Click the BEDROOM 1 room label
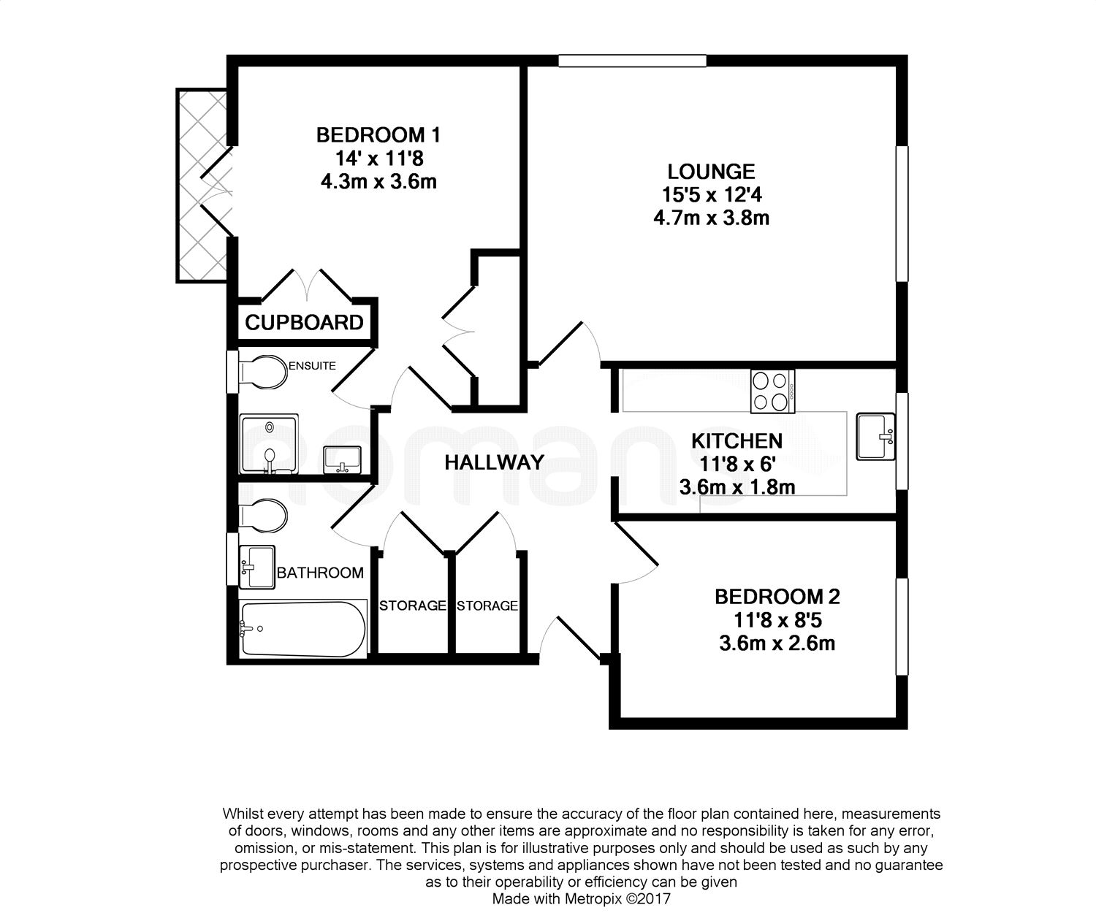(378, 135)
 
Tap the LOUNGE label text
(711, 172)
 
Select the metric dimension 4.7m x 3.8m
(711, 217)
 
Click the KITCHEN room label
(737, 440)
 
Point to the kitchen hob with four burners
(772, 391)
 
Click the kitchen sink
(875, 437)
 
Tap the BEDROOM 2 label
(777, 597)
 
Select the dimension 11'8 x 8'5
(777, 620)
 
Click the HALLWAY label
(494, 462)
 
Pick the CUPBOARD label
(304, 322)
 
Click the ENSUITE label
(312, 366)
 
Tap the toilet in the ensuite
(262, 372)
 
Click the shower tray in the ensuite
(269, 444)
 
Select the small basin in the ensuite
(342, 459)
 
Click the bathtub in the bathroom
(303, 629)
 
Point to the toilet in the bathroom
(262, 516)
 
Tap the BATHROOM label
(320, 573)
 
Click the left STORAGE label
(413, 606)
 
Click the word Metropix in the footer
(593, 899)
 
